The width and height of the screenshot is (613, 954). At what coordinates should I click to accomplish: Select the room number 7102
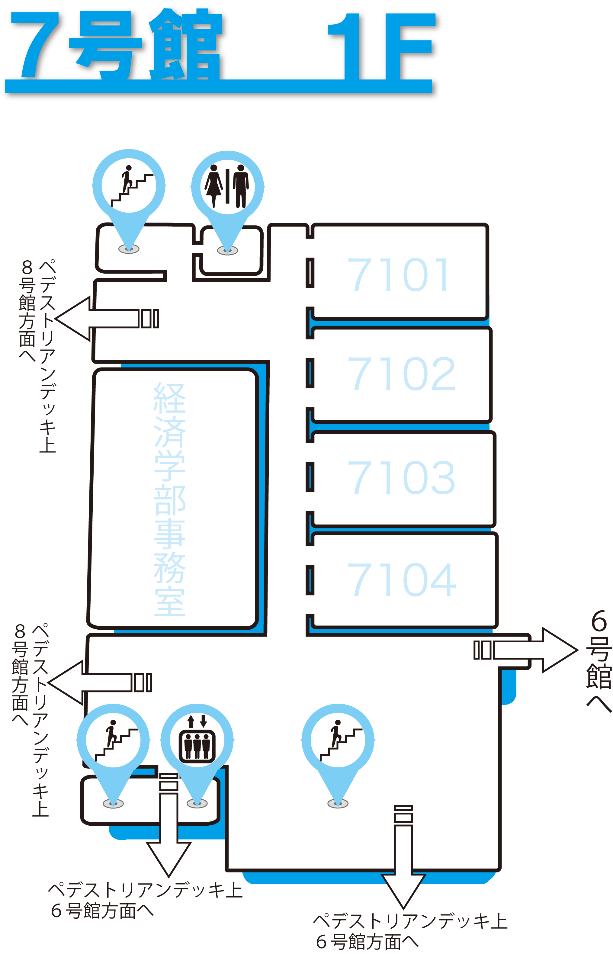pos(401,374)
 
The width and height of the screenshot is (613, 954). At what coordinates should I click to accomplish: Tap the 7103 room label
pos(401,477)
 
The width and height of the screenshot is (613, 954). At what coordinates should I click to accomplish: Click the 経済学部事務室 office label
pos(170,499)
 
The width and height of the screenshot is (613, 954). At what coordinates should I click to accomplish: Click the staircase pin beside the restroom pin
pos(129,185)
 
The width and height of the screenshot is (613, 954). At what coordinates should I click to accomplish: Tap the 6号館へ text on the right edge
pos(599,661)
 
